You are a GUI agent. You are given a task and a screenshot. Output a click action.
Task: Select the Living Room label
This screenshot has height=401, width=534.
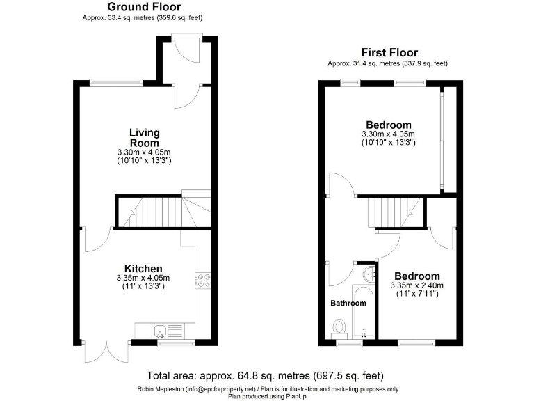tap(144, 137)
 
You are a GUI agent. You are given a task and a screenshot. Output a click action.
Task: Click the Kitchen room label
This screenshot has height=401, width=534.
tap(143, 269)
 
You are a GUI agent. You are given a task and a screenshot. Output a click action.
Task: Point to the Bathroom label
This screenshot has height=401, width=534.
tap(348, 304)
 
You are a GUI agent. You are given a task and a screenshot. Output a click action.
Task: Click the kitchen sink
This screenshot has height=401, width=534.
tap(159, 331)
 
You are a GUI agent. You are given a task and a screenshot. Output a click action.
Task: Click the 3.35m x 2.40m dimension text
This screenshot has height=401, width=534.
tap(417, 286)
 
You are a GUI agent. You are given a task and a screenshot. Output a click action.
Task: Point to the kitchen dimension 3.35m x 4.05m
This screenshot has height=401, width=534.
tap(143, 278)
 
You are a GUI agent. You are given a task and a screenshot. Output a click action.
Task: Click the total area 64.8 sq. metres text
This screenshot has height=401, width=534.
tap(265, 375)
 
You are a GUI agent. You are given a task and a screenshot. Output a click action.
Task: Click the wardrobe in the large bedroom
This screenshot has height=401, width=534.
tap(448, 139)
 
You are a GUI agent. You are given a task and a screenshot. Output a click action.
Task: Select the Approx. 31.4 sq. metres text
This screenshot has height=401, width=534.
tap(387, 63)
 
